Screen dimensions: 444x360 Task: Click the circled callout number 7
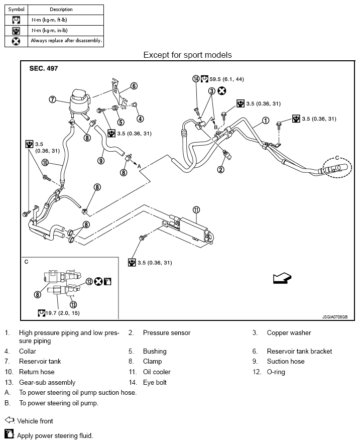click(x=52, y=99)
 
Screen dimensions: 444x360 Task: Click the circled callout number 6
click(x=134, y=86)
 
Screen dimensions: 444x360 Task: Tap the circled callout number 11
click(x=196, y=209)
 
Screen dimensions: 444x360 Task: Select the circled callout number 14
click(x=196, y=78)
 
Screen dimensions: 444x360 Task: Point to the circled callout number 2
click(x=220, y=169)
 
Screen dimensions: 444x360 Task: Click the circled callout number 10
click(x=45, y=162)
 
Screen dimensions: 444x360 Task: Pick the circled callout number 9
click(x=101, y=161)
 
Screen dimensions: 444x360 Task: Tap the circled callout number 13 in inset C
click(x=73, y=304)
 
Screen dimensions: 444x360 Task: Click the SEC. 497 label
click(x=43, y=68)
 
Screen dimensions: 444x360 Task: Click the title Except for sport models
click(x=187, y=54)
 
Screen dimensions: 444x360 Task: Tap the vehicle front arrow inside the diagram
click(x=282, y=278)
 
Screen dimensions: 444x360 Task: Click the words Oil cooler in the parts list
click(x=157, y=372)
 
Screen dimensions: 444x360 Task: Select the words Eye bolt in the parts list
click(x=155, y=382)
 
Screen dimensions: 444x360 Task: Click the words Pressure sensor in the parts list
click(x=167, y=332)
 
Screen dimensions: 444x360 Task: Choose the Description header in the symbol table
click(x=61, y=9)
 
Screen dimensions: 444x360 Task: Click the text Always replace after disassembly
click(x=66, y=40)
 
